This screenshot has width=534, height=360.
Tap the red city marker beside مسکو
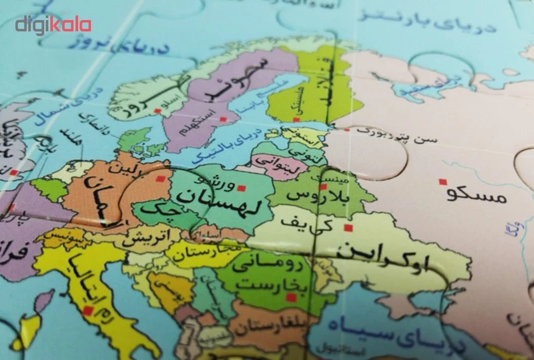(x=441, y=181)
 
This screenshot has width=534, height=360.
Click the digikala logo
(x=53, y=25)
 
